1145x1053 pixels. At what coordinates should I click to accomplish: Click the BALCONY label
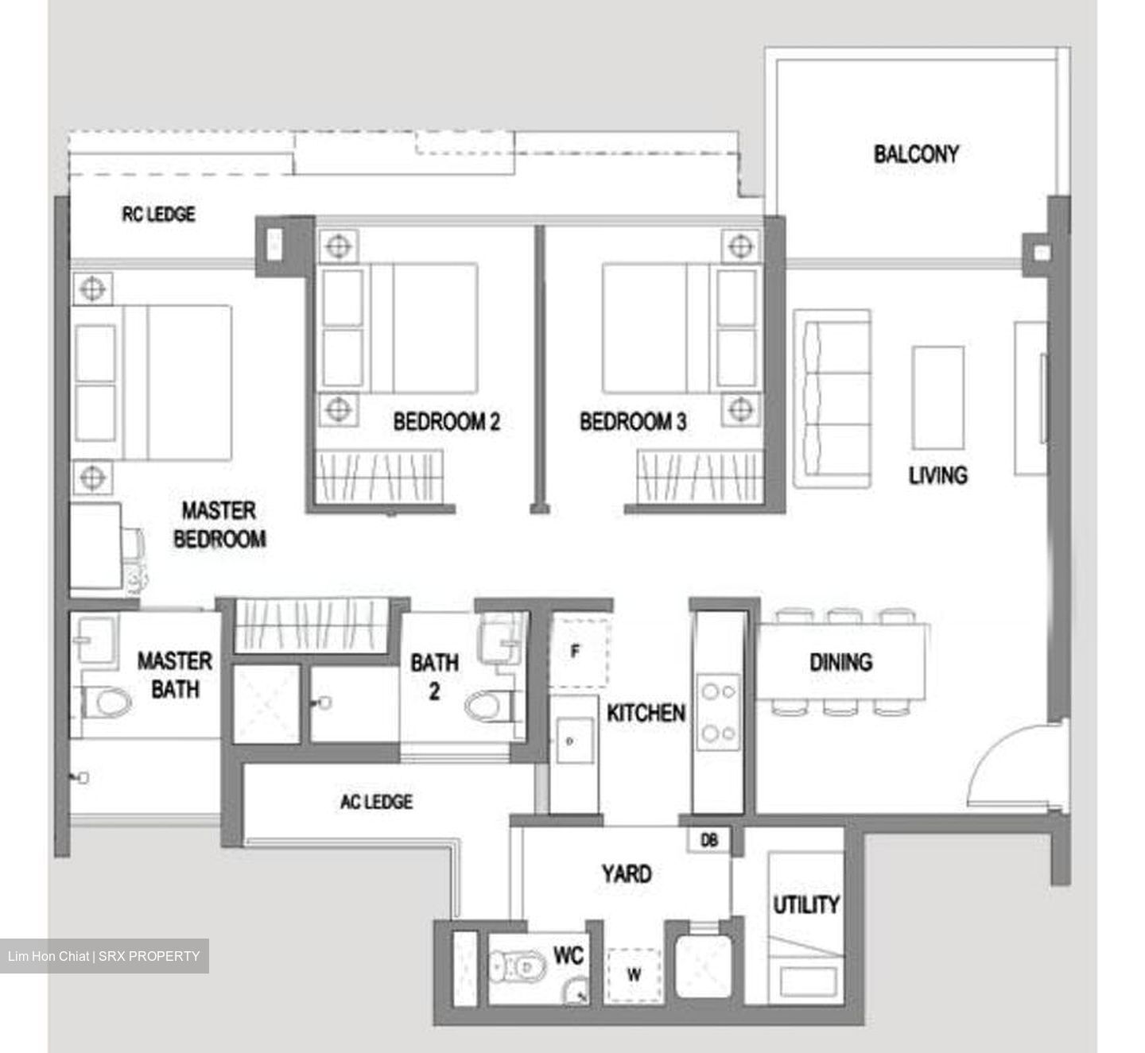(916, 153)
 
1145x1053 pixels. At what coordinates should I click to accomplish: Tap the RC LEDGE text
(158, 214)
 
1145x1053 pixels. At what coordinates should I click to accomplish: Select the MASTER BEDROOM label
(219, 525)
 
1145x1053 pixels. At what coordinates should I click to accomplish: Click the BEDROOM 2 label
(447, 421)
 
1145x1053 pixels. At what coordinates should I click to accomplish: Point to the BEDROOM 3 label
(633, 421)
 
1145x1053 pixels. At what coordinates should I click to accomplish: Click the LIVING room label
(938, 475)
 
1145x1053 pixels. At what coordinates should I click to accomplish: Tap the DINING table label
(840, 661)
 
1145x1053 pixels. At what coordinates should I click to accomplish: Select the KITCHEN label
(646, 712)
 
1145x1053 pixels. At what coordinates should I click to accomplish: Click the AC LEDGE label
(377, 801)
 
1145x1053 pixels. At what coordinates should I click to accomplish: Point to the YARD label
(627, 874)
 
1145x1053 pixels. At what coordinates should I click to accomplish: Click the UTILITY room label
(806, 904)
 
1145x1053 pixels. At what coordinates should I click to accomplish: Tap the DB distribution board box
(709, 840)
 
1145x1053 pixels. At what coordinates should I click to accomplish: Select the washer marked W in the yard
(634, 974)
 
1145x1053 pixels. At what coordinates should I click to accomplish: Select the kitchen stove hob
(718, 712)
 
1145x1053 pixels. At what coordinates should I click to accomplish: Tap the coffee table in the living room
(938, 397)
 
